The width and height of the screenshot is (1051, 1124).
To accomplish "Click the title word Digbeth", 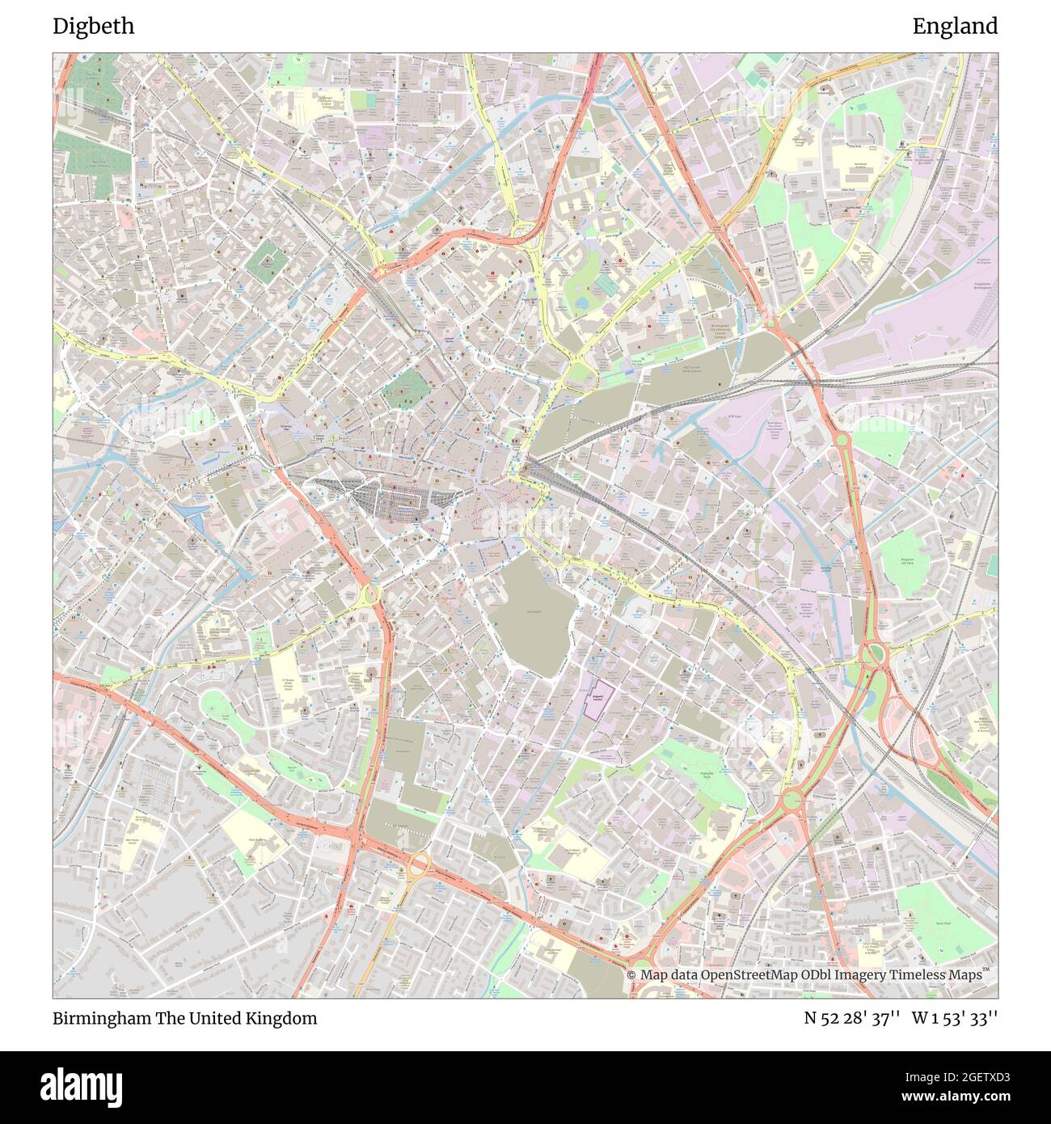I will [x=94, y=27].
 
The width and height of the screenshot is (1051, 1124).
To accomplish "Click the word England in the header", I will [x=955, y=27].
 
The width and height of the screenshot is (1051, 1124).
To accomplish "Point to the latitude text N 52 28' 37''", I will [x=852, y=1018].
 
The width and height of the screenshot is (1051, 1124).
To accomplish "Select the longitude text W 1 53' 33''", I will [x=955, y=1018].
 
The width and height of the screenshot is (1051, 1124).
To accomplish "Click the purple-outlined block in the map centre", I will [x=598, y=695].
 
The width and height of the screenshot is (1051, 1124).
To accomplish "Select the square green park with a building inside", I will [x=264, y=260].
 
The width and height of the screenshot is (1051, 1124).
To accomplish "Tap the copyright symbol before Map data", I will [x=631, y=975].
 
